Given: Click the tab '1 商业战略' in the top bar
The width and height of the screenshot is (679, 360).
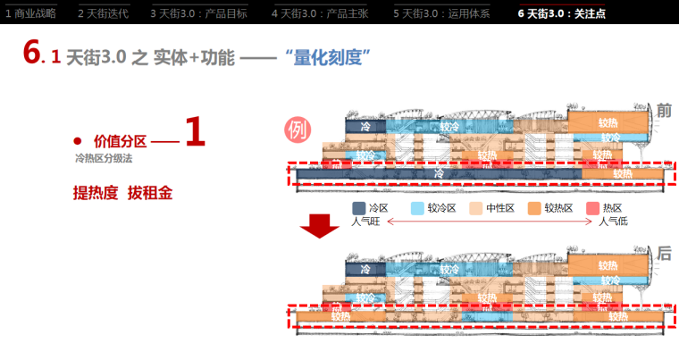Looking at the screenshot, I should click(x=30, y=13).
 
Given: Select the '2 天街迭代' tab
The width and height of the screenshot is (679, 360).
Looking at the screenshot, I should click(x=103, y=13).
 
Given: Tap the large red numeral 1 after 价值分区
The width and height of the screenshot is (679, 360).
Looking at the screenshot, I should click(x=195, y=134).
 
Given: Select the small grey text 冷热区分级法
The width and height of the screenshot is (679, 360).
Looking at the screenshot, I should click(x=105, y=158).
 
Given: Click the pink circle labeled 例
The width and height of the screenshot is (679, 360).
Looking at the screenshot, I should click(x=298, y=130).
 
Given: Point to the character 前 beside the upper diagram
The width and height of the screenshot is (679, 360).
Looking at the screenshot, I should click(x=664, y=111).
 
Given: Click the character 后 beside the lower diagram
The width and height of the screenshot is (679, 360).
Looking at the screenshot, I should click(x=664, y=255).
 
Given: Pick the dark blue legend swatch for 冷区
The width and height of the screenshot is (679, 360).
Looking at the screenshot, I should click(x=358, y=208).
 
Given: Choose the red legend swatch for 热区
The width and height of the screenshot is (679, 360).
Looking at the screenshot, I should click(x=592, y=208).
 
